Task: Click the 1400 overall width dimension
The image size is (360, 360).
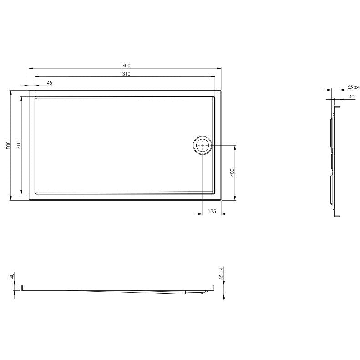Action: coord(125,66)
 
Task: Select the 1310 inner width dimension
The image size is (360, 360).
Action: coord(125,74)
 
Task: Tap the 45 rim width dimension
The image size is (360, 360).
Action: coord(50,83)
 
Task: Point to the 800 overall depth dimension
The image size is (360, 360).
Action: coord(8,145)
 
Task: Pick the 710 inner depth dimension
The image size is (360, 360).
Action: coord(19,145)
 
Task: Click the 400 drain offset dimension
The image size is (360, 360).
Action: coord(233,172)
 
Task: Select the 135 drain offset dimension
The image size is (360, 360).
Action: coord(212,211)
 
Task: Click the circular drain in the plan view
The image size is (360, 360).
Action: coord(203,145)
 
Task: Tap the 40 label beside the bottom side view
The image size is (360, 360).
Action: coord(12,275)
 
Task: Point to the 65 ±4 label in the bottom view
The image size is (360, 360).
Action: coord(222,273)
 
